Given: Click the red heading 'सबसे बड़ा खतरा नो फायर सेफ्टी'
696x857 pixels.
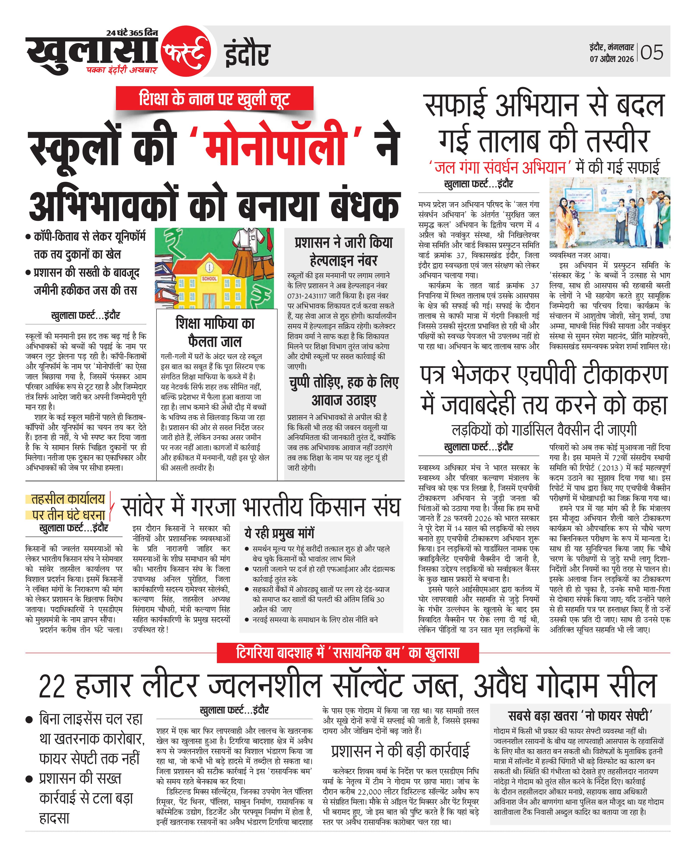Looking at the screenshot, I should tap(581, 715).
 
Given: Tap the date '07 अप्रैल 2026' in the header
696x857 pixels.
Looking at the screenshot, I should tap(611, 59).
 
